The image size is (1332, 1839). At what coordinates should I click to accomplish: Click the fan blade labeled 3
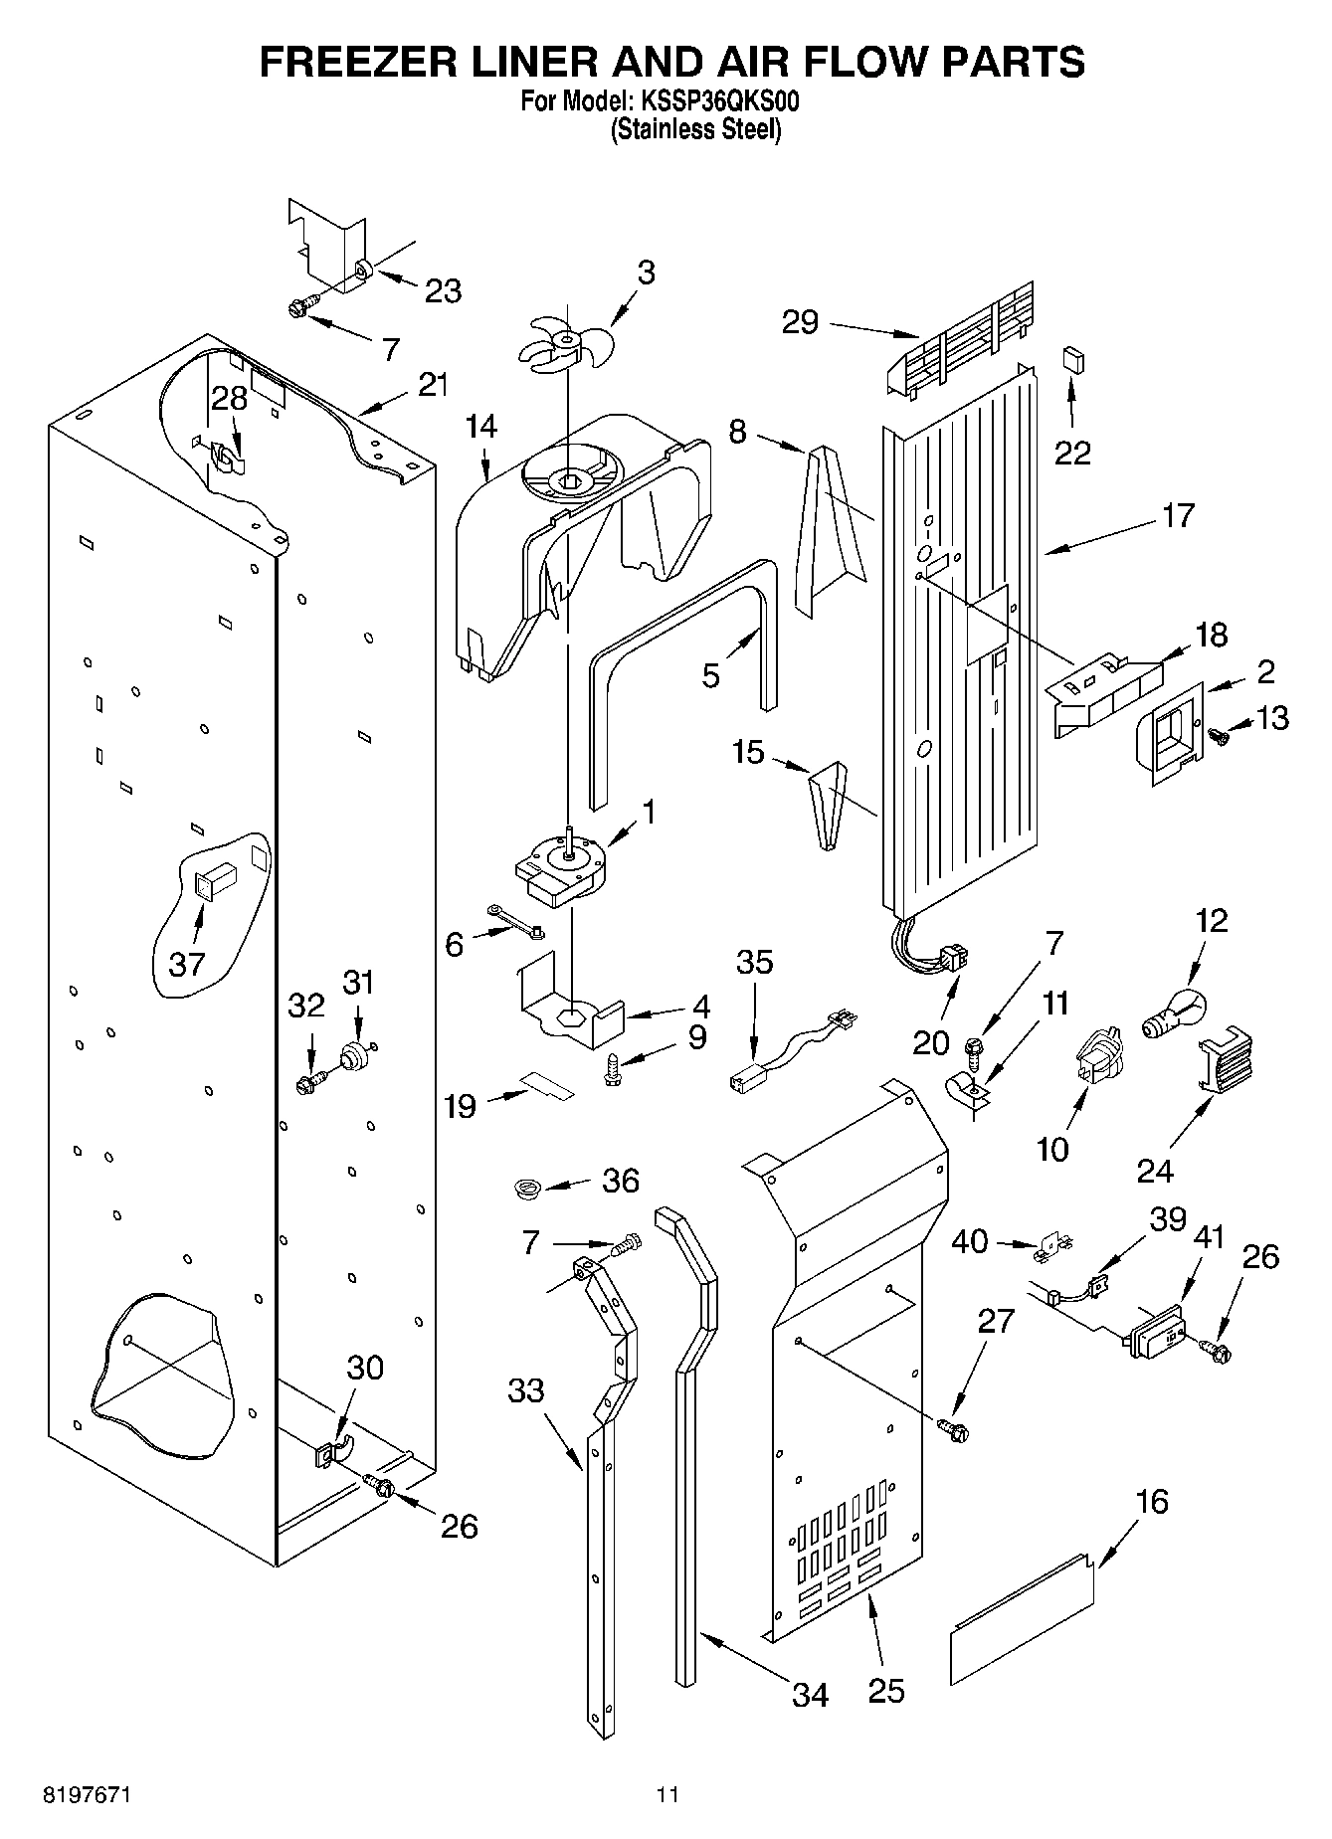click(x=566, y=343)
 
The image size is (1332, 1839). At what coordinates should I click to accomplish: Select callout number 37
click(x=186, y=962)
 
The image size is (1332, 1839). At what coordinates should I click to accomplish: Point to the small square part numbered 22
click(x=1071, y=359)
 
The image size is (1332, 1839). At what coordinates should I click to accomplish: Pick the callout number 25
click(x=885, y=1690)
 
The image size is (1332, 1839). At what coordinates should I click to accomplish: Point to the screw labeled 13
click(x=1218, y=737)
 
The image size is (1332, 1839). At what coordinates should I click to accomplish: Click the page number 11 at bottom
click(x=666, y=1795)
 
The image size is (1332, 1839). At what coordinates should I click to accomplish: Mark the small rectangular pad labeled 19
click(x=550, y=1084)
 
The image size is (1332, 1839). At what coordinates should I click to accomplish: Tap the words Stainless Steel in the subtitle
click(x=695, y=129)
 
